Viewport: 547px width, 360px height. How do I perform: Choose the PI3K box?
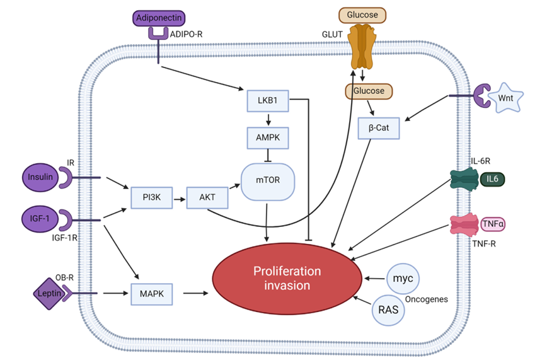pyautogui.click(x=149, y=197)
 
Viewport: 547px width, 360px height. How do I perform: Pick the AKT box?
pyautogui.click(x=207, y=197)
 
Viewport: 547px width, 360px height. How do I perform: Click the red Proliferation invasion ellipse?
pyautogui.click(x=287, y=279)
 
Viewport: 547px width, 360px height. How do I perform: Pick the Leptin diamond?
pyautogui.click(x=50, y=293)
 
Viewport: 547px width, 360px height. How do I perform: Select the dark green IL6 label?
pyautogui.click(x=491, y=180)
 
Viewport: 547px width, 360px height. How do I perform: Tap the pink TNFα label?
pyautogui.click(x=493, y=223)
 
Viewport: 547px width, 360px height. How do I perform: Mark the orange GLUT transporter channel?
pyautogui.click(x=361, y=47)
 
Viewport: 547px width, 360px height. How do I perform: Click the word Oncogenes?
pyautogui.click(x=426, y=299)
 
